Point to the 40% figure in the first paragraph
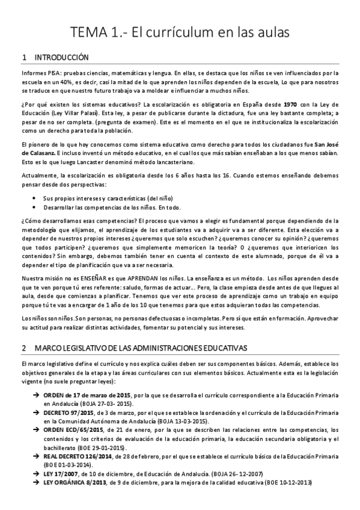coord(59,82)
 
